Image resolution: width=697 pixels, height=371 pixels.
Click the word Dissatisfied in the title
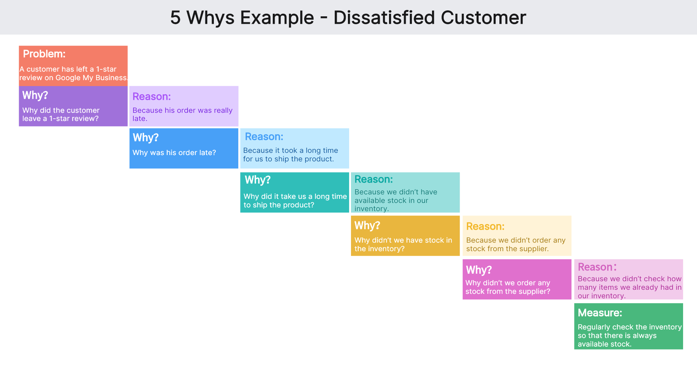click(x=384, y=17)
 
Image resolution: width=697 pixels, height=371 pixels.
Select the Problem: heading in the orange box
click(x=44, y=54)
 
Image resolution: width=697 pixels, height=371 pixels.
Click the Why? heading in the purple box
click(x=35, y=95)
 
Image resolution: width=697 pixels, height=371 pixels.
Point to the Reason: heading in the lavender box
click(x=151, y=96)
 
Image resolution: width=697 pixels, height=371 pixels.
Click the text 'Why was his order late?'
click(x=174, y=153)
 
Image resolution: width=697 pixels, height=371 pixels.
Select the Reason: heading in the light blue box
click(x=264, y=137)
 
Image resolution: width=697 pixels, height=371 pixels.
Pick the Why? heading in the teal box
click(x=257, y=180)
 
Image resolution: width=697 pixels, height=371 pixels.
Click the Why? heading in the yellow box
click(x=367, y=226)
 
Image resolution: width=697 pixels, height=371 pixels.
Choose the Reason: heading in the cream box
click(x=485, y=226)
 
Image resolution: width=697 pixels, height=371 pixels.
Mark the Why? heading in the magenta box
click(x=478, y=270)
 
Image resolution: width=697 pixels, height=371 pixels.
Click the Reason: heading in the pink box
click(x=597, y=267)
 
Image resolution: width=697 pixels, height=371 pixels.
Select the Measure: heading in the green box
click(x=599, y=313)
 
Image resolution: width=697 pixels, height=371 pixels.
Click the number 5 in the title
click(x=175, y=17)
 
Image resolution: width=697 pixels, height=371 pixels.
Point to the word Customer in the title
click(x=483, y=17)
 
